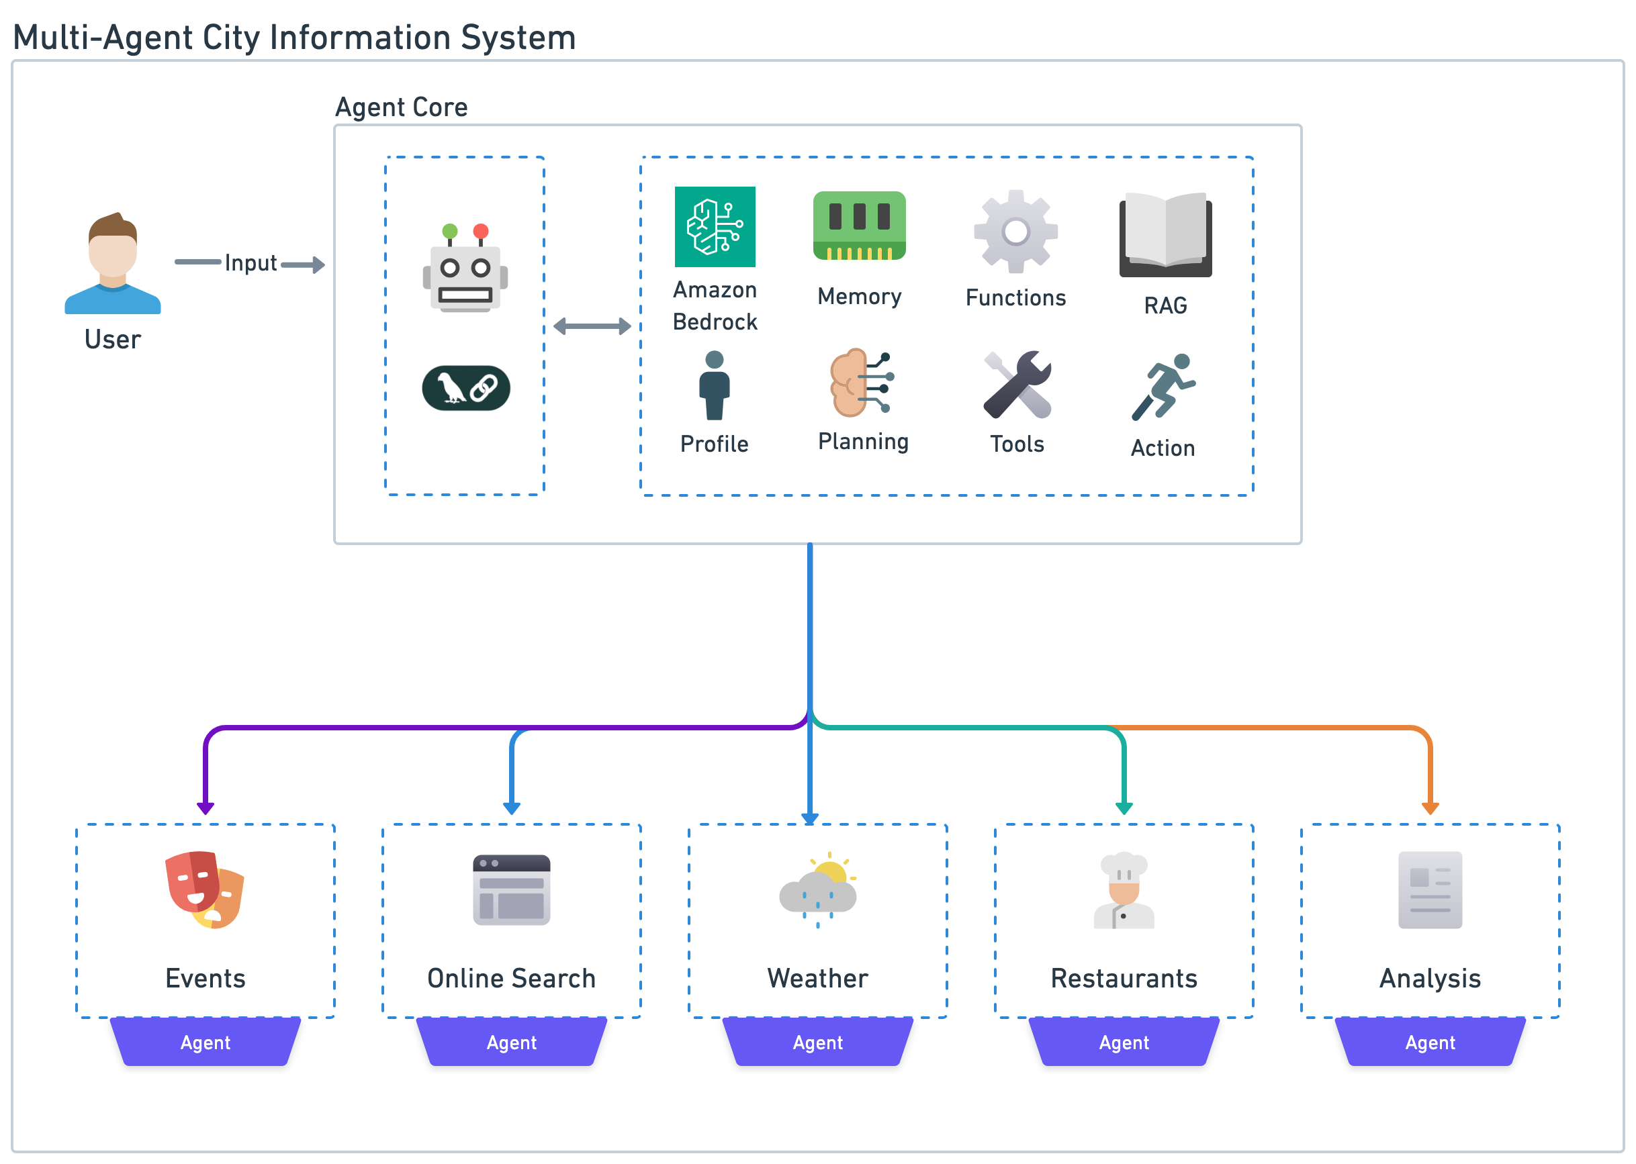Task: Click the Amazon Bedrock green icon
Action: point(715,226)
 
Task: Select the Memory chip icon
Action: point(859,225)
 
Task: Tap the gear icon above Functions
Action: point(1015,232)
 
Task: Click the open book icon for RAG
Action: point(1165,234)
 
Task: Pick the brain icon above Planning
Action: point(860,383)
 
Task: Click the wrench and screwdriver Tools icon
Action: point(1017,385)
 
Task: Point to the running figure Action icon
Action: point(1162,387)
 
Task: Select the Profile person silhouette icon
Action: point(714,385)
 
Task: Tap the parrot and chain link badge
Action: point(466,388)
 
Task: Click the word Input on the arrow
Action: point(251,263)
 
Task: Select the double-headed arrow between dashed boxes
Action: point(592,327)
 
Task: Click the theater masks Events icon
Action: point(205,889)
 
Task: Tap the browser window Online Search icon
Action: point(511,889)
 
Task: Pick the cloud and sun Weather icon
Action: point(818,889)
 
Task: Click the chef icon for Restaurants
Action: point(1124,889)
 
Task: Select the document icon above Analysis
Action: point(1430,889)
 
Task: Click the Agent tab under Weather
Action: point(817,1042)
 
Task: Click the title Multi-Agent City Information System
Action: point(295,38)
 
